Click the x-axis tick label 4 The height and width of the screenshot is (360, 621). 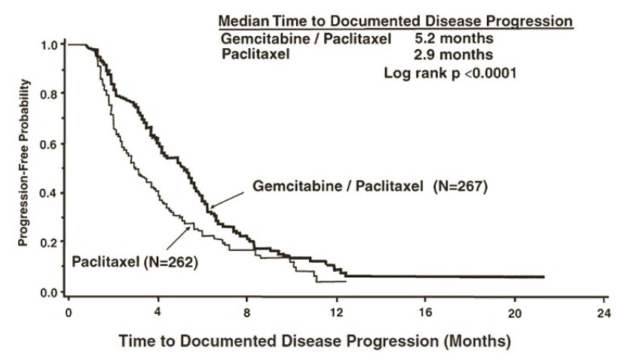158,312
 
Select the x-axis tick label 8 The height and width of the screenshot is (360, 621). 247,312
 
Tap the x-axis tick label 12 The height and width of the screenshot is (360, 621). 335,312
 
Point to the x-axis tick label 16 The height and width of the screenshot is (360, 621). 424,312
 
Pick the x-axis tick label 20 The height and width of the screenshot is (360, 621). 513,312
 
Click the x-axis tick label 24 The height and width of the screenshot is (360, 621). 602,312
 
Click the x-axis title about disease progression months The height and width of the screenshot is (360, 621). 314,341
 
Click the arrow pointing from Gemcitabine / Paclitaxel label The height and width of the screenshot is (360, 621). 227,197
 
